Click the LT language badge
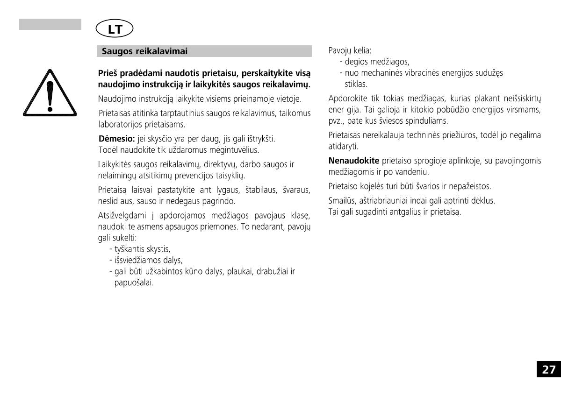pyautogui.click(x=115, y=29)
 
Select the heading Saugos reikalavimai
pyautogui.click(x=144, y=51)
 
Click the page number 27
pyautogui.click(x=549, y=370)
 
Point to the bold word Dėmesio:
pyautogui.click(x=117, y=139)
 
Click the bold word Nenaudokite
pyautogui.click(x=354, y=161)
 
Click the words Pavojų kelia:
pyautogui.click(x=350, y=50)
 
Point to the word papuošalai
pyautogui.click(x=134, y=283)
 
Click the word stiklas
pyautogui.click(x=356, y=84)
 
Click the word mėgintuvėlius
pyautogui.click(x=231, y=150)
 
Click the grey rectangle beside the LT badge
pyautogui.click(x=50, y=24)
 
